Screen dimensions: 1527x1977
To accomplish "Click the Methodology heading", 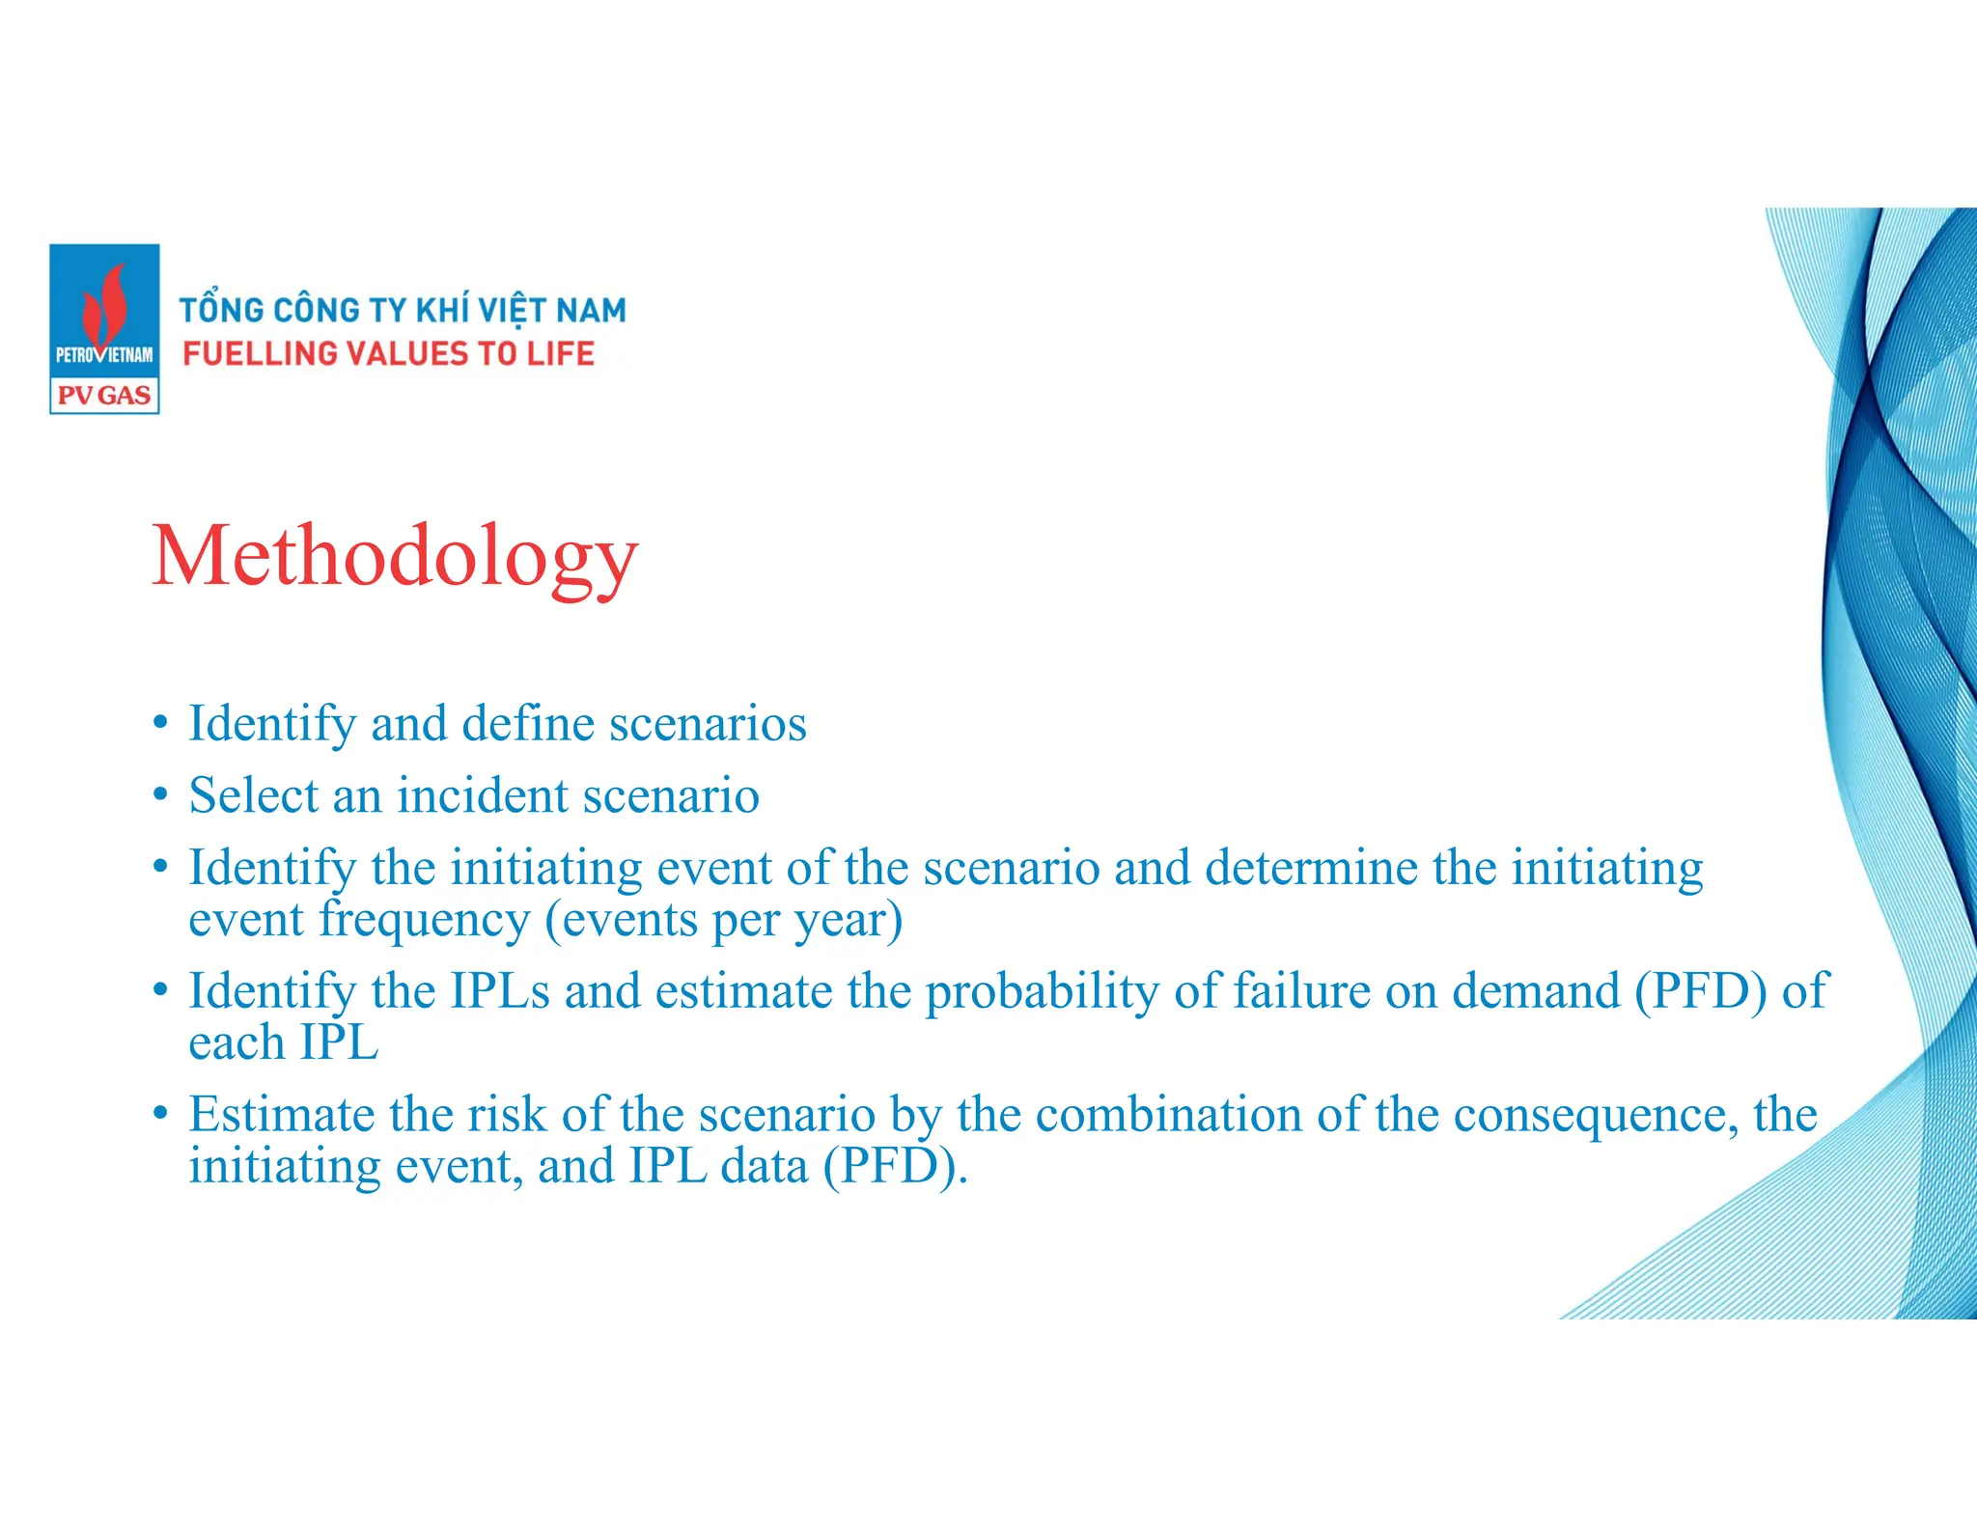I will (x=395, y=557).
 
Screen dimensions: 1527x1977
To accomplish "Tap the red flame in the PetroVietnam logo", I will (x=105, y=304).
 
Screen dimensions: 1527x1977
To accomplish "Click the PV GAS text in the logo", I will (x=104, y=396).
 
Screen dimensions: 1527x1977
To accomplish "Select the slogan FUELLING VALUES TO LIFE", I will (x=388, y=354).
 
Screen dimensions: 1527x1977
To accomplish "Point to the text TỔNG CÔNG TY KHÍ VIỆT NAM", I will (x=403, y=310).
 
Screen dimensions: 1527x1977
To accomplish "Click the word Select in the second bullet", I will (x=254, y=795).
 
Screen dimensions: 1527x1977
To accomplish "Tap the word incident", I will (x=483, y=795).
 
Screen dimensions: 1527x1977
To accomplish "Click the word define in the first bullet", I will (x=528, y=723).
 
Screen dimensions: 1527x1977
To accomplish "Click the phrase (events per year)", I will (x=724, y=920).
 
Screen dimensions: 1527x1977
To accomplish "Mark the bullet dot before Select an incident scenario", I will (x=161, y=795).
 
